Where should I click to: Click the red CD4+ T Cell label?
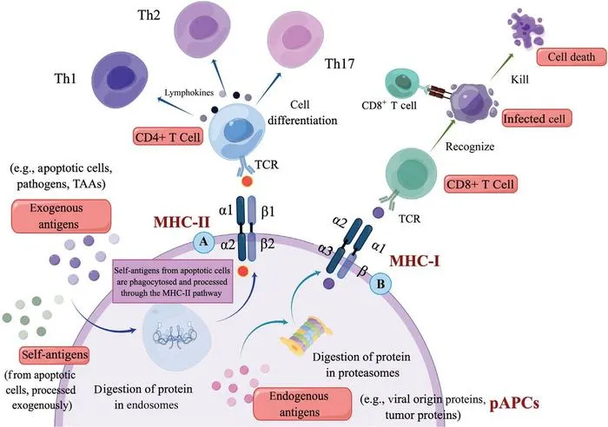pos(168,137)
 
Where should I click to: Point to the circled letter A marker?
pos(203,242)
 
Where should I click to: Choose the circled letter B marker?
pos(380,284)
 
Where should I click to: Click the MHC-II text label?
pos(182,222)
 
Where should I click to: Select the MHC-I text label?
pos(414,261)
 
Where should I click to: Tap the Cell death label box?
pos(572,57)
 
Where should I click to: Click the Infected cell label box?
pos(537,118)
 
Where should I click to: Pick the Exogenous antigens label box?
pos(61,216)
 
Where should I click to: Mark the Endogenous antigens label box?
pos(302,404)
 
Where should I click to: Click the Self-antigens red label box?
pos(54,355)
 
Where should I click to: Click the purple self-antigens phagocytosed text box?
pos(173,282)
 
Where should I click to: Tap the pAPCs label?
pos(514,404)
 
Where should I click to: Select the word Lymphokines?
pos(188,93)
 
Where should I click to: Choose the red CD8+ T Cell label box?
pos(480,185)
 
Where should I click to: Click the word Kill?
pos(519,80)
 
